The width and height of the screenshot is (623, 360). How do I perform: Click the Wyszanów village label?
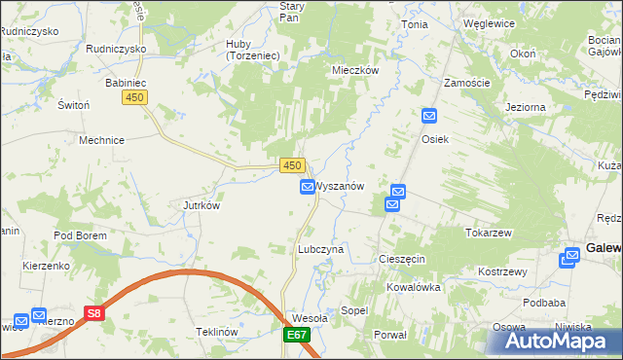tap(341, 186)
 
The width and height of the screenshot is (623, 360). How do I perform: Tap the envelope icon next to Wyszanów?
tap(308, 186)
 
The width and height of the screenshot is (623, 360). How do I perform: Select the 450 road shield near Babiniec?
tap(134, 97)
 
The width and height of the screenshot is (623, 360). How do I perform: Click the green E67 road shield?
tap(298, 336)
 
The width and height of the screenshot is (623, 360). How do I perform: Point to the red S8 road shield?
tap(93, 314)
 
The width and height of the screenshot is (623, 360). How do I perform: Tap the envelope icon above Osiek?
tap(430, 117)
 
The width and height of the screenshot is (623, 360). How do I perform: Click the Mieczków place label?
tap(354, 70)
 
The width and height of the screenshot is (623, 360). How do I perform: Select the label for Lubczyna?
tap(320, 249)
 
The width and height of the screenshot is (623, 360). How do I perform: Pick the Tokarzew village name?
tap(489, 234)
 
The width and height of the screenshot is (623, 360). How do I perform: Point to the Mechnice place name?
tap(101, 140)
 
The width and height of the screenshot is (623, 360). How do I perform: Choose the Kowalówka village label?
tap(414, 287)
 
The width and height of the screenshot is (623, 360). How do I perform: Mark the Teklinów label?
tap(217, 332)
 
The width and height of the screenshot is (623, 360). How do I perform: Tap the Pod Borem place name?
tap(80, 235)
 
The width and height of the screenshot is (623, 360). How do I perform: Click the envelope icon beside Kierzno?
tap(39, 315)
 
